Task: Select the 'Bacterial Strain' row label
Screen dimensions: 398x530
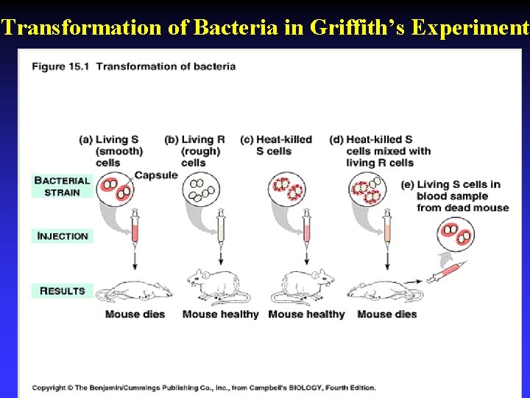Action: tap(62, 186)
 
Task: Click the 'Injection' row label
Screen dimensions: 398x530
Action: tap(63, 236)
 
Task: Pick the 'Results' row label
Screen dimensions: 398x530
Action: tap(63, 290)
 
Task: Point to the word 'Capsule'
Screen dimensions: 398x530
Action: tap(156, 175)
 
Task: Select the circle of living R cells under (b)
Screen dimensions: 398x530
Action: tap(200, 189)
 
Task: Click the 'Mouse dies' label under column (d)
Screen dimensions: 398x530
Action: tap(386, 314)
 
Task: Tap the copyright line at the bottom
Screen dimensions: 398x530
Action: tap(203, 388)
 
